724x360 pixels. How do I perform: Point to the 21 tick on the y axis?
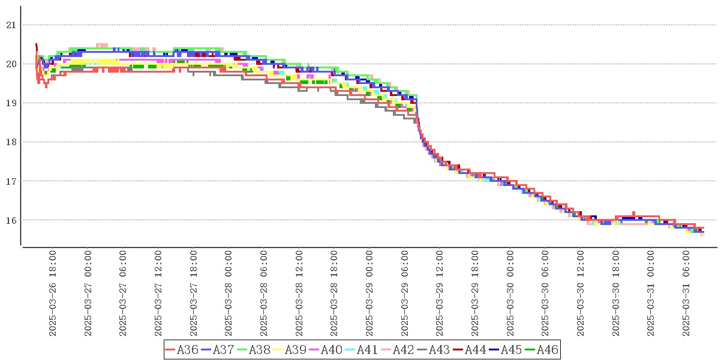[10, 25]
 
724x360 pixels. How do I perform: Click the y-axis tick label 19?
[10, 103]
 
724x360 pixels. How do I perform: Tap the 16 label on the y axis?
[10, 220]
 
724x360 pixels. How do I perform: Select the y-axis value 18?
[10, 142]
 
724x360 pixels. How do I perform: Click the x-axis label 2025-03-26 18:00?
[53, 293]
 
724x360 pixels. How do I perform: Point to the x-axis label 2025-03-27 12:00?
[159, 293]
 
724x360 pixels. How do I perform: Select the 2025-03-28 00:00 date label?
[229, 293]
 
